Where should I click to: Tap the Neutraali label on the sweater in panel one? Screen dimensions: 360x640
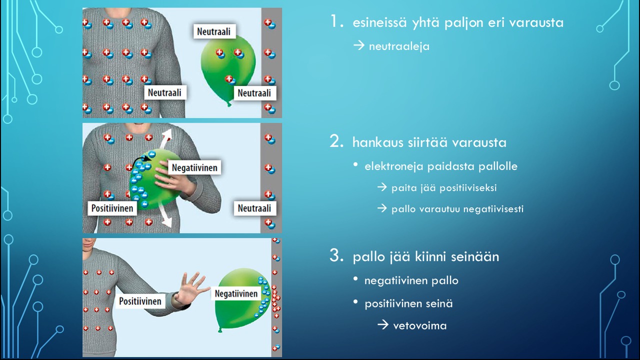pos(164,92)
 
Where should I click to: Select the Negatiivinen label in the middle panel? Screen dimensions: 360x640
pos(194,167)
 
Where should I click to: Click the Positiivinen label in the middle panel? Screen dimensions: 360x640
pos(112,207)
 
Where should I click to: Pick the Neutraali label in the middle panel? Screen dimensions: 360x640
pos(254,207)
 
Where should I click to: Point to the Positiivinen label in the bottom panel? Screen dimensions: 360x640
pos(140,301)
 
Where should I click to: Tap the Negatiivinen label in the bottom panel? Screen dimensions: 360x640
pos(236,294)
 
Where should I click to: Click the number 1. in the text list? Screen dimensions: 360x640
pos(337,22)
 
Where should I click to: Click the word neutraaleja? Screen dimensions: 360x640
pos(399,46)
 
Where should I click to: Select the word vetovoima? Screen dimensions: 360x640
pos(419,326)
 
